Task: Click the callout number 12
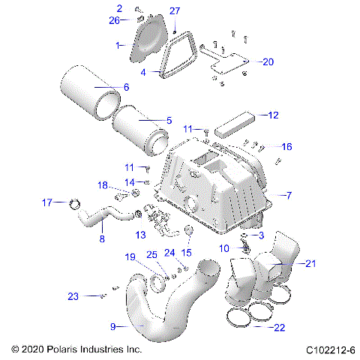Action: click(x=273, y=115)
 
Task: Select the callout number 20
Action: click(x=268, y=62)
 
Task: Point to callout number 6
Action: click(x=125, y=88)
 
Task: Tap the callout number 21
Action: click(x=310, y=262)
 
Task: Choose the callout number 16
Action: click(x=286, y=146)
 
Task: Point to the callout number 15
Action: click(x=187, y=251)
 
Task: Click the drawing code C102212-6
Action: click(x=329, y=350)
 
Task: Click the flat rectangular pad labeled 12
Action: click(x=235, y=122)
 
